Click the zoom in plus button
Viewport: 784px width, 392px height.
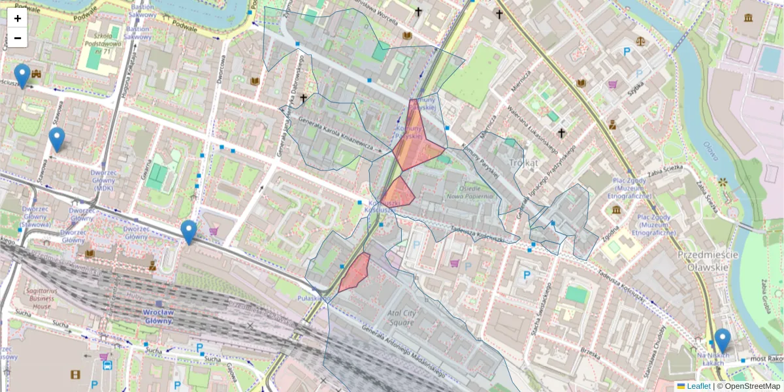[18, 18]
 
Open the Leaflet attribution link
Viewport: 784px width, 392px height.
[698, 386]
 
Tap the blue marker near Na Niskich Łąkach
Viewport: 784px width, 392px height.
[722, 340]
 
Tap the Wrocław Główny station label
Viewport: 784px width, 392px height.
[157, 316]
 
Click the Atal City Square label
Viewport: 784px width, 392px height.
[400, 318]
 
